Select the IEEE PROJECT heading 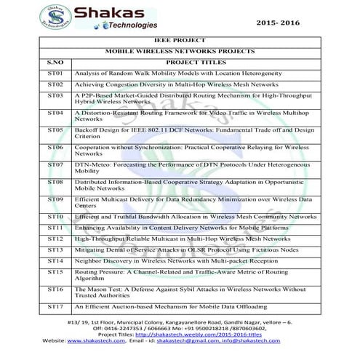point(180,41)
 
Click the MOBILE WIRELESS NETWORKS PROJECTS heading point(180,52)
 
